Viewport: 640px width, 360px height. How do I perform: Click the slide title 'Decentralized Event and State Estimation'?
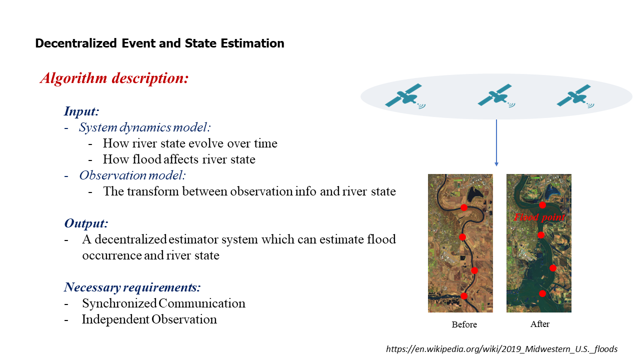pos(159,43)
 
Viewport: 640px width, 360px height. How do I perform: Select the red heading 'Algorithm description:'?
pos(114,78)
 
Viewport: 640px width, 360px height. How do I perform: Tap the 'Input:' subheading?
pos(81,111)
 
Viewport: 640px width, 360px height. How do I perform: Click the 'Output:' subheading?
pos(86,223)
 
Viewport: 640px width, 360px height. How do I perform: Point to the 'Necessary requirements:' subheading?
pos(132,287)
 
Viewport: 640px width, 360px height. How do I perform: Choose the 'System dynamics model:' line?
pos(145,127)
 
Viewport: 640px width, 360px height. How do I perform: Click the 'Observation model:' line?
pos(132,175)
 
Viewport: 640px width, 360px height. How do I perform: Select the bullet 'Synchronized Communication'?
pos(163,303)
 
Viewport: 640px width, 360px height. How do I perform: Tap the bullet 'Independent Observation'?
pos(149,319)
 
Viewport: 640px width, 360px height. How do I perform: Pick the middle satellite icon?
pos(496,95)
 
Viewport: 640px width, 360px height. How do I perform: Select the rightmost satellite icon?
pos(575,96)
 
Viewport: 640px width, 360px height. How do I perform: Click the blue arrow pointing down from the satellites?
pos(496,143)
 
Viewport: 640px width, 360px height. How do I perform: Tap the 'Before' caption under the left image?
pos(464,324)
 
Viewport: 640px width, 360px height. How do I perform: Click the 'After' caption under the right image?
pos(539,324)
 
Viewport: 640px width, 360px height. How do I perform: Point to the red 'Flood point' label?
pos(539,217)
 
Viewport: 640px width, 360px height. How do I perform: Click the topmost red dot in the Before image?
pos(464,207)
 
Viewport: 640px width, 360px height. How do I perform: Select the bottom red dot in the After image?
pos(542,293)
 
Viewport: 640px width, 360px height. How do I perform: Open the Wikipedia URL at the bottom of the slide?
pos(501,349)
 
